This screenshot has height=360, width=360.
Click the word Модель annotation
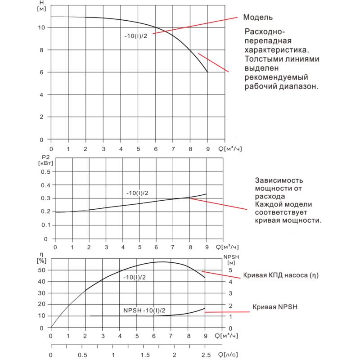(x=258, y=18)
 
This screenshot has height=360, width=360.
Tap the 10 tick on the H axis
(x=42, y=27)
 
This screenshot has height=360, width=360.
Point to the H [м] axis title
(x=42, y=6)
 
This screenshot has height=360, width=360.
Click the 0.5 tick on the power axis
(x=44, y=171)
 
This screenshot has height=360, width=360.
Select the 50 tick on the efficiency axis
(x=42, y=270)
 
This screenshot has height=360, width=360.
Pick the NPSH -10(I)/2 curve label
(x=144, y=310)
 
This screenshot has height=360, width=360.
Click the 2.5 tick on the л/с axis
(x=205, y=355)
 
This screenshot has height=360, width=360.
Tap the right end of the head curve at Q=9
(x=207, y=72)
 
